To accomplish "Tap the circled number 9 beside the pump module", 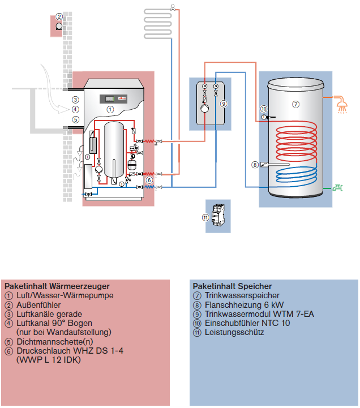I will point(224,104).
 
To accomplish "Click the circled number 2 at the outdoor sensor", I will point(59,17).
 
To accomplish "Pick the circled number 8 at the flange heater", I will point(255,165).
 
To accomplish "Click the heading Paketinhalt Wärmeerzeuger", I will point(57,286).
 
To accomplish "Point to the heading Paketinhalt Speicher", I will point(232,286).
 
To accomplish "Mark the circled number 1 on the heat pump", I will point(110,108).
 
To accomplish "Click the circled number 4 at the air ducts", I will point(75,109).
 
